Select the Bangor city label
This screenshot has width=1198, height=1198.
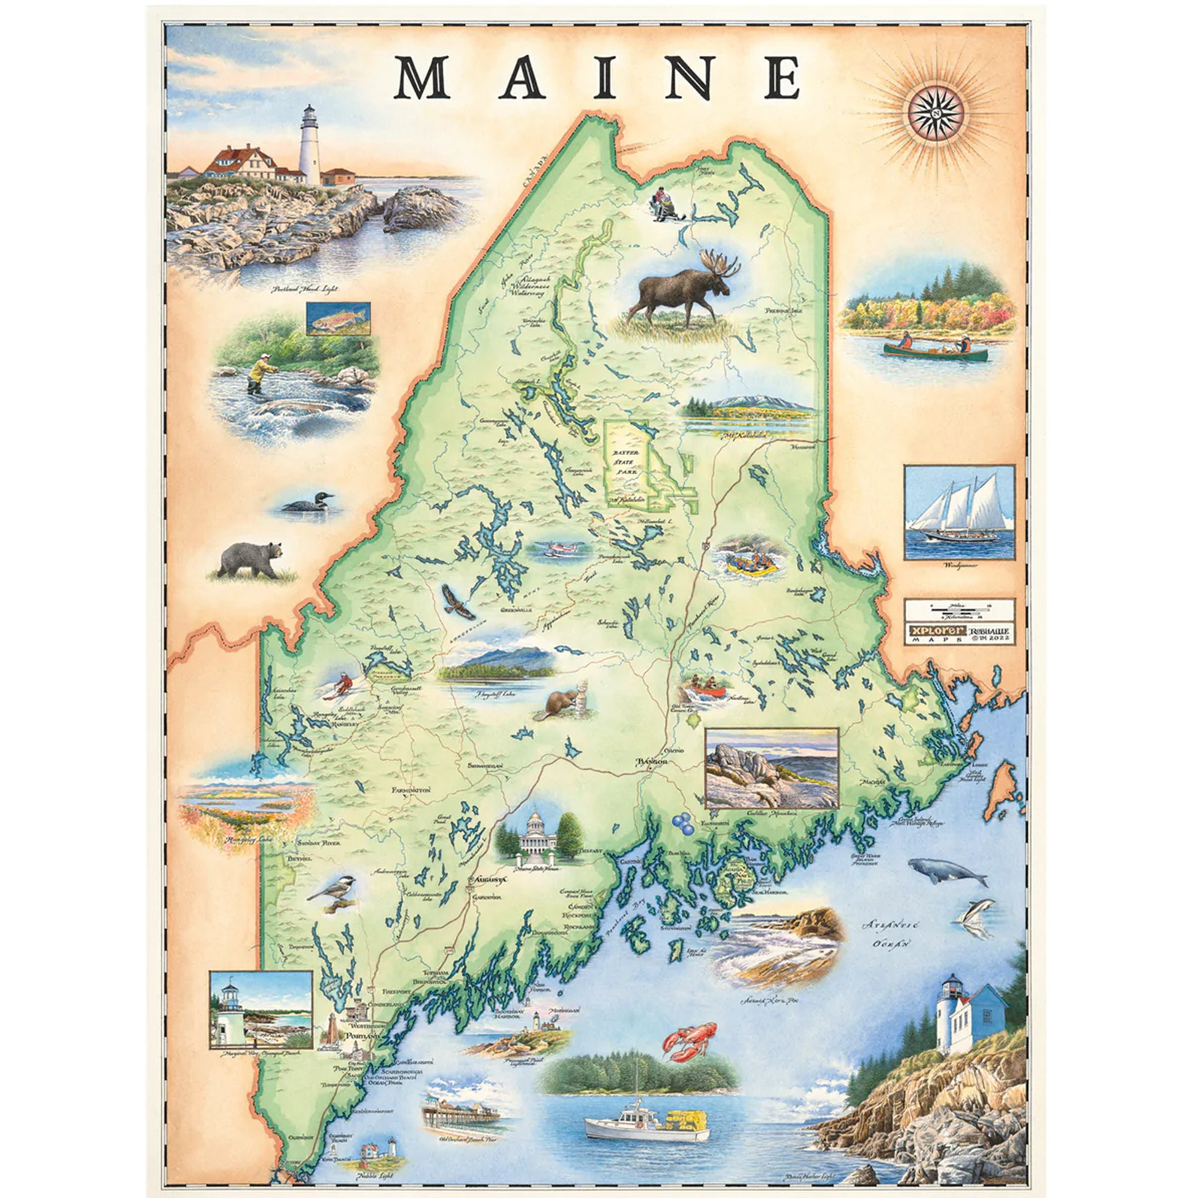650,762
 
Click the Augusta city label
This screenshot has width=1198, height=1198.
489,879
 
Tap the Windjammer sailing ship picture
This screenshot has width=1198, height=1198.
958,512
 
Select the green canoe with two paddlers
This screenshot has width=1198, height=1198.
935,352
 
